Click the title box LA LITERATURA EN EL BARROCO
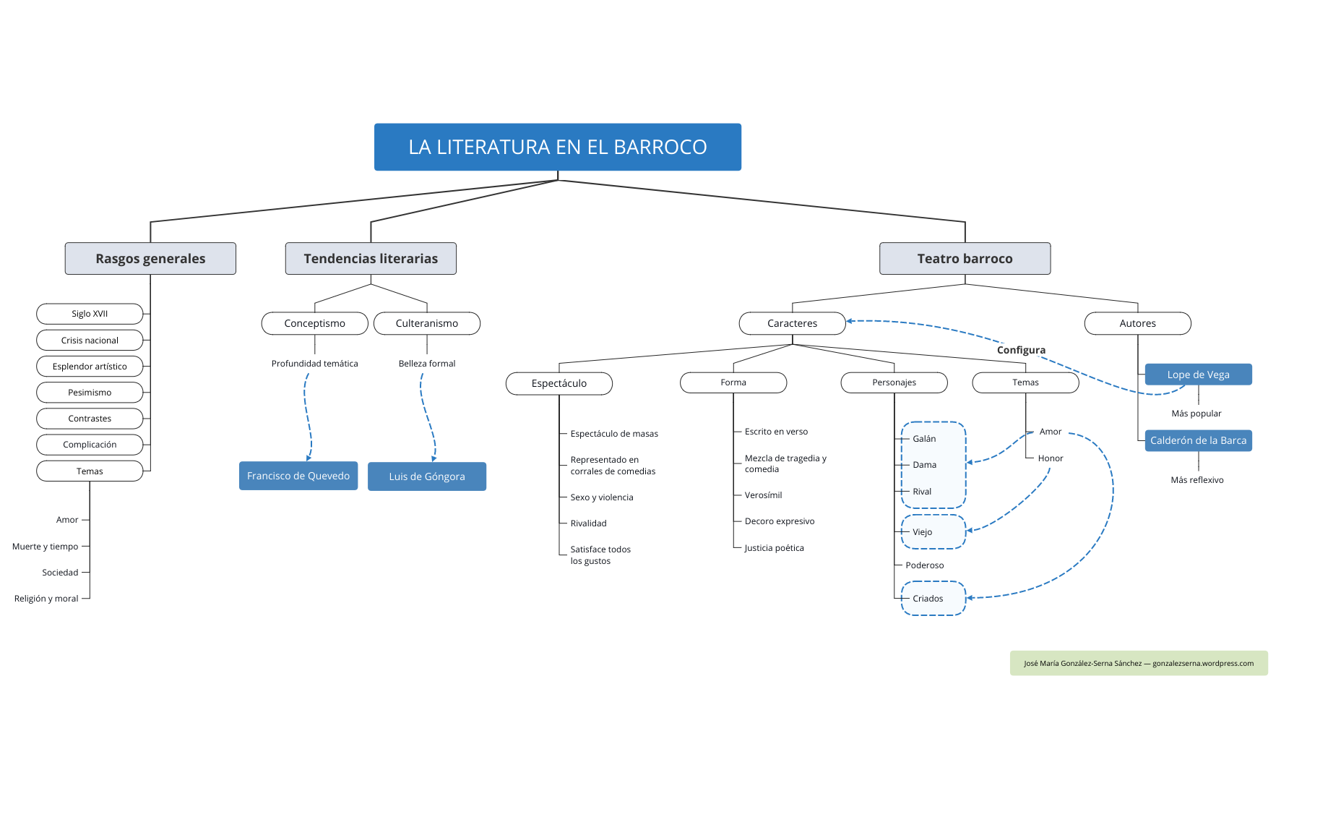[557, 147]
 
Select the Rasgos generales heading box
[150, 259]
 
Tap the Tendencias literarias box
[371, 259]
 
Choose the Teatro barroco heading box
[965, 259]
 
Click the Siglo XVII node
[90, 314]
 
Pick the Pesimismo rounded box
[90, 393]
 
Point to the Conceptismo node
[314, 323]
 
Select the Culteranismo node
[426, 323]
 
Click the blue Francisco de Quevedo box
[298, 476]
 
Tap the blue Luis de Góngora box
[426, 476]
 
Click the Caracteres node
[792, 323]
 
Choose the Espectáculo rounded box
[559, 383]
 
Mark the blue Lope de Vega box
[1198, 375]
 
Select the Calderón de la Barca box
[1198, 440]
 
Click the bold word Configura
[1021, 350]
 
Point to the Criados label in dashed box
[928, 599]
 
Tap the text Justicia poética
[774, 548]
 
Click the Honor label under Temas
[1051, 458]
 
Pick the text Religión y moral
[46, 599]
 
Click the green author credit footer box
[1138, 663]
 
